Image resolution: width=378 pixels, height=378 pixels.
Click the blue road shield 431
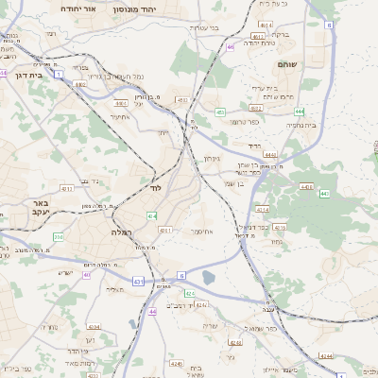coord(139,281)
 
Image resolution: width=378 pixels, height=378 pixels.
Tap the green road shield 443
coord(324,194)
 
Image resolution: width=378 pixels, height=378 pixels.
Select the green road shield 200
coord(59,236)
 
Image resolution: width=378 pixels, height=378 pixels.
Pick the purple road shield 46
coord(230,45)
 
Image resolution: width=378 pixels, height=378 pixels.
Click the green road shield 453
coord(220,112)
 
